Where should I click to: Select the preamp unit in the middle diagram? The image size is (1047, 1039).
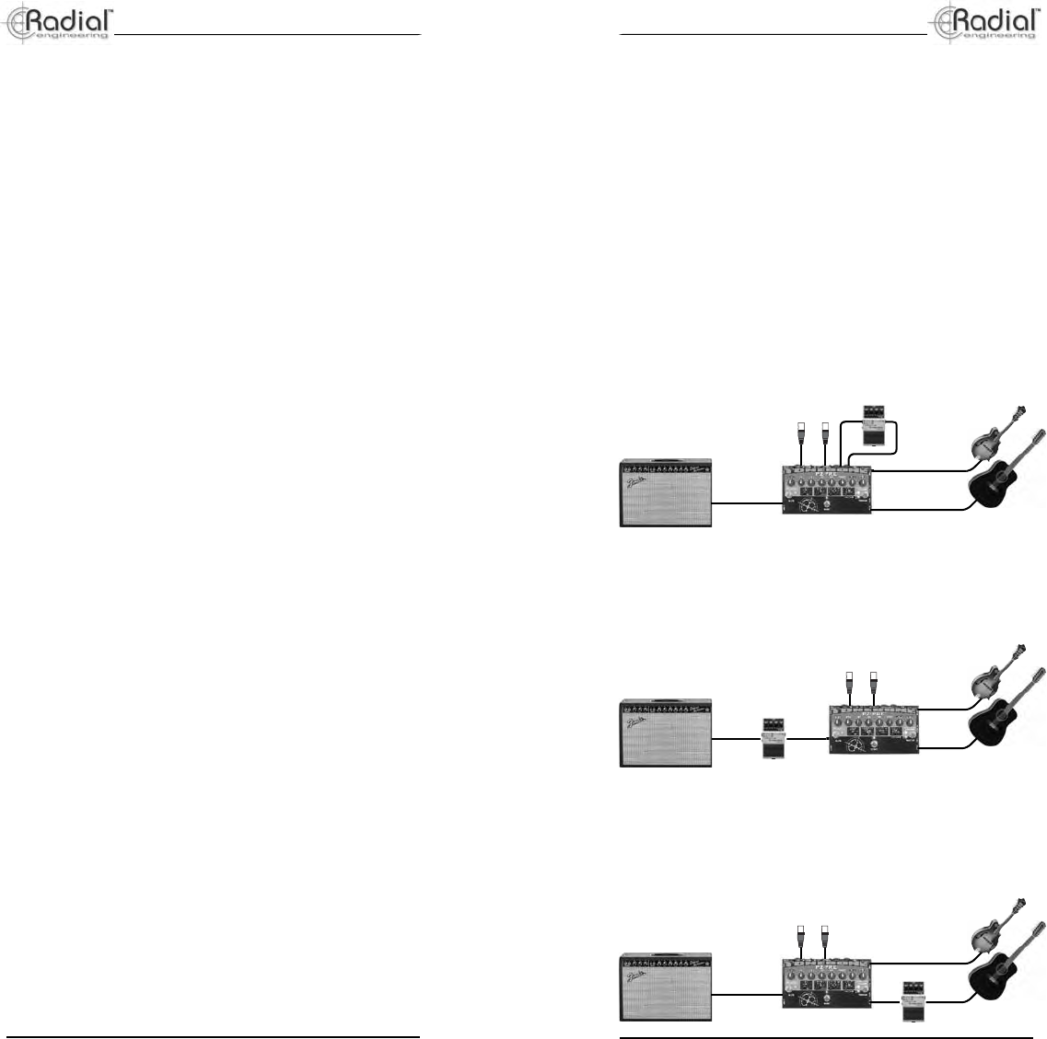point(875,730)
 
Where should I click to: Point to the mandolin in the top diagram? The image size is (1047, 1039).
point(996,433)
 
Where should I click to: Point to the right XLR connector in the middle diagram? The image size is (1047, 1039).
point(872,684)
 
